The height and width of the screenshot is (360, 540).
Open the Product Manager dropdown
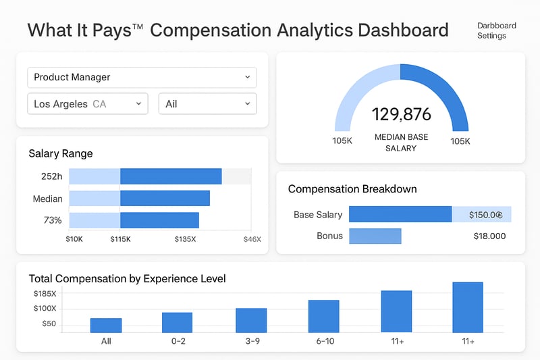point(142,77)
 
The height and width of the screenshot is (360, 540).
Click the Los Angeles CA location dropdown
point(88,104)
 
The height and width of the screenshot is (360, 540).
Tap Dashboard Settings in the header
point(496,30)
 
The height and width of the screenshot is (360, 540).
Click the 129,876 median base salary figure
point(401,113)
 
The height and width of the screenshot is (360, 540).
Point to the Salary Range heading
point(61,153)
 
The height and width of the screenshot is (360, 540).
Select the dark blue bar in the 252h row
point(171,176)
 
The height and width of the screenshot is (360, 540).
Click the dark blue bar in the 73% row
point(159,220)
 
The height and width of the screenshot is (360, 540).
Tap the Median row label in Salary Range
point(48,199)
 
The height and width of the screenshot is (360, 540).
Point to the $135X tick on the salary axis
point(185,239)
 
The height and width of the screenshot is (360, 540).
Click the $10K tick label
point(74,239)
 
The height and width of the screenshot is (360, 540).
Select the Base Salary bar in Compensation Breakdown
point(400,214)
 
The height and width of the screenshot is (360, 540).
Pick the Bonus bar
point(375,236)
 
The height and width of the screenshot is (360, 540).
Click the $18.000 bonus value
point(489,236)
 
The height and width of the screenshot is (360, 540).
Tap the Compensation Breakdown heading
point(352,189)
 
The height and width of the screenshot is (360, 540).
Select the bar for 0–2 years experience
point(177,322)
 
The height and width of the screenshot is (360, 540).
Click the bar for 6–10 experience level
point(323,316)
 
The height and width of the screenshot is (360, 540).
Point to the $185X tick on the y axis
point(45,294)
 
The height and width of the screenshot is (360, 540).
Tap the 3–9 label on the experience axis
point(251,341)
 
